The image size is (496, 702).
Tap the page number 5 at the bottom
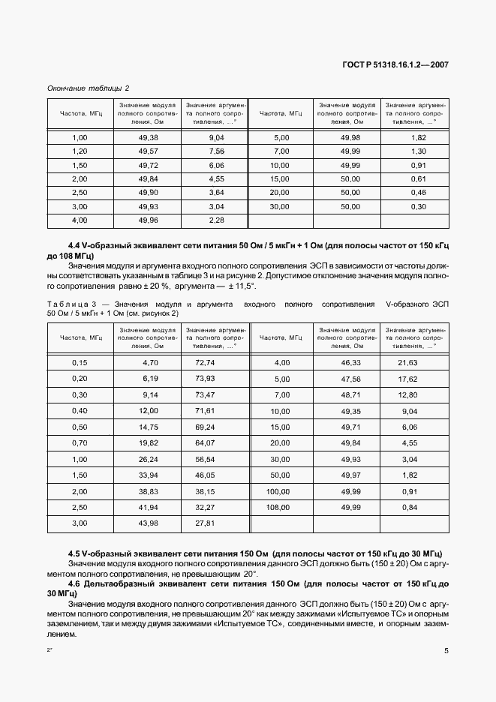[x=446, y=651]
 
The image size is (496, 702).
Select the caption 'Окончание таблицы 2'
[x=88, y=88]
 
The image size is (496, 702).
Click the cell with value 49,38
[x=148, y=138]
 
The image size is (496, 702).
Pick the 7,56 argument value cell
[x=216, y=151]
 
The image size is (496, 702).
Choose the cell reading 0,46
[x=419, y=193]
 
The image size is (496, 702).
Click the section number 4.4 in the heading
[x=76, y=246]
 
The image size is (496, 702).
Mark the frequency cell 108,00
[x=279, y=508]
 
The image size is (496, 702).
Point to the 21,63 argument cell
[x=418, y=362]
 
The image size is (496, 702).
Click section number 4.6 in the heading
[x=76, y=583]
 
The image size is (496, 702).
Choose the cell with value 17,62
[x=418, y=379]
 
